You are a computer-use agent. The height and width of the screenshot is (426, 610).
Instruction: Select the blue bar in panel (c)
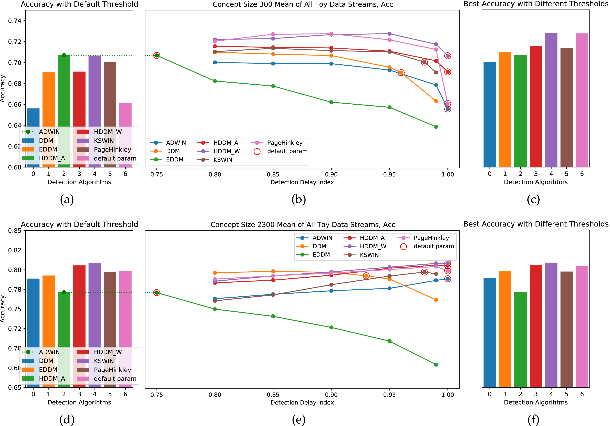(489, 114)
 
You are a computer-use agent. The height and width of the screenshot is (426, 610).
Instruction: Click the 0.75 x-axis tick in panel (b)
(156, 174)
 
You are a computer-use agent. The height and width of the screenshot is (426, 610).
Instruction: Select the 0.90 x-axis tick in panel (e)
(331, 395)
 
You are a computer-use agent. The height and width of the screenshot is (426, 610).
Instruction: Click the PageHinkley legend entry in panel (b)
(284, 143)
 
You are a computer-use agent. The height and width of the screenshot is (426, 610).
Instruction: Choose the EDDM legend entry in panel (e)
(321, 255)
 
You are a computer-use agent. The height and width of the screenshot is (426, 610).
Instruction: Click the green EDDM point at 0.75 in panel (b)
(156, 55)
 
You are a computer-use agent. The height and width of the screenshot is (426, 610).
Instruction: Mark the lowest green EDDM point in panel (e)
(436, 365)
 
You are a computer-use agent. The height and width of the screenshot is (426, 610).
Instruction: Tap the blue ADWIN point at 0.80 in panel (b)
(215, 62)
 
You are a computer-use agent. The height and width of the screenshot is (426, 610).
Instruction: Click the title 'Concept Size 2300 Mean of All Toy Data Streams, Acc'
(303, 225)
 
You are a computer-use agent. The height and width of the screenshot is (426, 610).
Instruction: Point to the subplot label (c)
(533, 199)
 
